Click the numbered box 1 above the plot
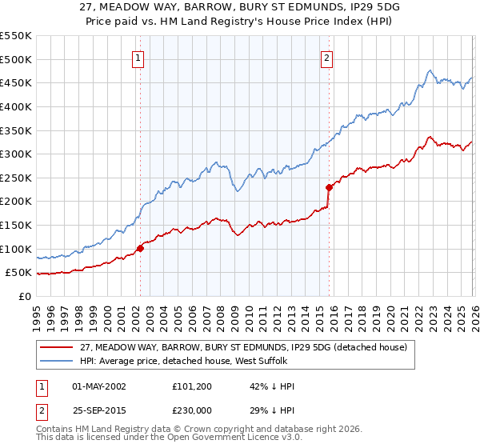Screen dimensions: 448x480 138,58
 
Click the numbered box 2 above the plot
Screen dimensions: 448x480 328,58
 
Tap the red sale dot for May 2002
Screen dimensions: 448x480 140,248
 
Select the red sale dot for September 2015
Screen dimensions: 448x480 329,187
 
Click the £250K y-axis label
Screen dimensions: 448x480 16,178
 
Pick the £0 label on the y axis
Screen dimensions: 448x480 24,296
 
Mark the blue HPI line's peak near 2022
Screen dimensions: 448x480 430,70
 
